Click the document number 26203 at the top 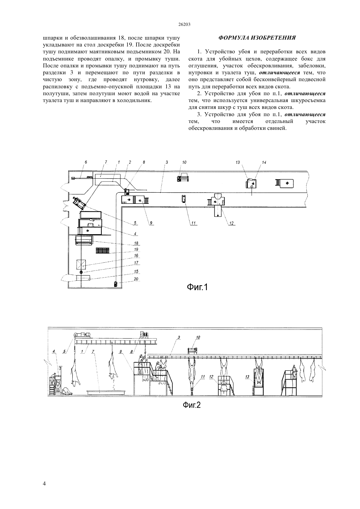[184, 25]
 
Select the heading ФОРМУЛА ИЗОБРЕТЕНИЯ [257, 38]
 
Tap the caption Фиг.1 [197, 288]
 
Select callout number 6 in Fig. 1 [86, 162]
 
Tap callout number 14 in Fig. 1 [264, 162]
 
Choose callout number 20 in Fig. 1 [136, 279]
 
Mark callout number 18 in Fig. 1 [136, 243]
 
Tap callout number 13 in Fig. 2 [247, 377]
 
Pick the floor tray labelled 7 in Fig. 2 [106, 392]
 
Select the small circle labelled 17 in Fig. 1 [81, 272]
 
